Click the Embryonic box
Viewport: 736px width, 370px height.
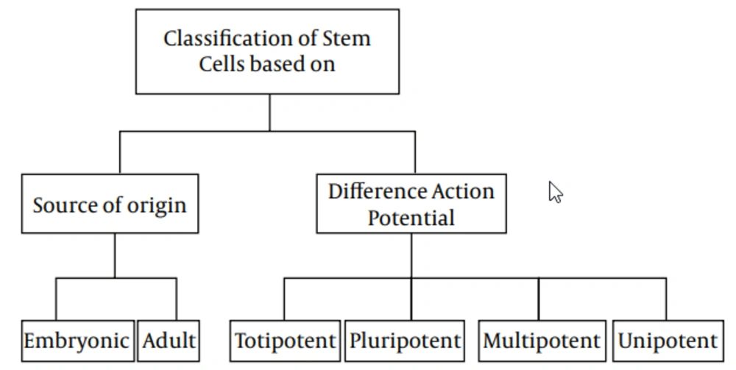[x=78, y=341]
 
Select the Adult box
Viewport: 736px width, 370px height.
[x=169, y=341]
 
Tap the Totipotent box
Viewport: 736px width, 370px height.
[x=285, y=341]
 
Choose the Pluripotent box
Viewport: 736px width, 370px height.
[x=405, y=341]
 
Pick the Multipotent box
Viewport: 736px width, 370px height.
[x=542, y=341]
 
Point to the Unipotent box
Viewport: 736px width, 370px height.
[x=668, y=341]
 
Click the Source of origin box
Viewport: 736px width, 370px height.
[x=110, y=204]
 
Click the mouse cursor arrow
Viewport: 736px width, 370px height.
[x=555, y=192]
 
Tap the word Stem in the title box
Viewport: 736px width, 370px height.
[x=346, y=38]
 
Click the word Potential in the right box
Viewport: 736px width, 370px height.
[x=411, y=218]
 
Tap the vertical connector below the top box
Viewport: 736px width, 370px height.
[x=270, y=113]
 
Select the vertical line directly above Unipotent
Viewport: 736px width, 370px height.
[x=666, y=299]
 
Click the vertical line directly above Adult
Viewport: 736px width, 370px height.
[x=177, y=299]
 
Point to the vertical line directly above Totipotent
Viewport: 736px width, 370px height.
[x=284, y=299]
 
